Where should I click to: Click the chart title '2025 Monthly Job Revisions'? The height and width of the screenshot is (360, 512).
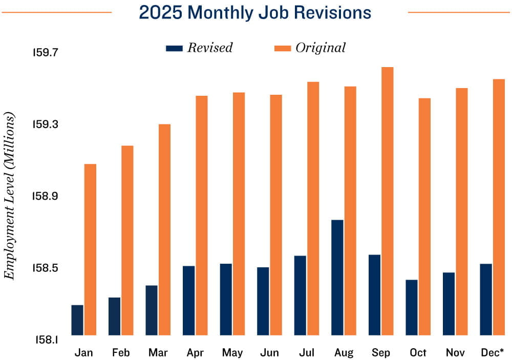pyautogui.click(x=255, y=12)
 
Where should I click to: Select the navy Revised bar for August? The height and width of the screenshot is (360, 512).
pyautogui.click(x=337, y=277)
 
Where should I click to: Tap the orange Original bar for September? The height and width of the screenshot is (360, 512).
pyautogui.click(x=388, y=201)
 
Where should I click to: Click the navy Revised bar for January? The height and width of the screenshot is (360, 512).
pyautogui.click(x=77, y=320)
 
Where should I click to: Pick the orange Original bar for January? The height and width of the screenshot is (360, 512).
pyautogui.click(x=91, y=249)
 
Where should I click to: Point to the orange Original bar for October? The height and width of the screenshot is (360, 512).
pyautogui.click(x=424, y=216)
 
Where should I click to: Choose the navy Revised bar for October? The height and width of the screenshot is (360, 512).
pyautogui.click(x=412, y=307)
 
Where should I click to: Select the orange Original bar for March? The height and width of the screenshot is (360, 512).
pyautogui.click(x=164, y=229)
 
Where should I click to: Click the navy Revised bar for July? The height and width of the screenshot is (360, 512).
pyautogui.click(x=300, y=295)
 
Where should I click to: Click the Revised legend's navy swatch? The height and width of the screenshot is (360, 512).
pyautogui.click(x=174, y=48)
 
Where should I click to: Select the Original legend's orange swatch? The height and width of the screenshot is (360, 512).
pyautogui.click(x=283, y=48)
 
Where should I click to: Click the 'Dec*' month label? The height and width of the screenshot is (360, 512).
pyautogui.click(x=492, y=353)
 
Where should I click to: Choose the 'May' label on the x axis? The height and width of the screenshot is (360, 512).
pyautogui.click(x=232, y=353)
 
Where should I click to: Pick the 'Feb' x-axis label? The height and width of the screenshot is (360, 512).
pyautogui.click(x=121, y=353)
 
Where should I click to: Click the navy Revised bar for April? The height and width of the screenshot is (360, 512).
pyautogui.click(x=189, y=300)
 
